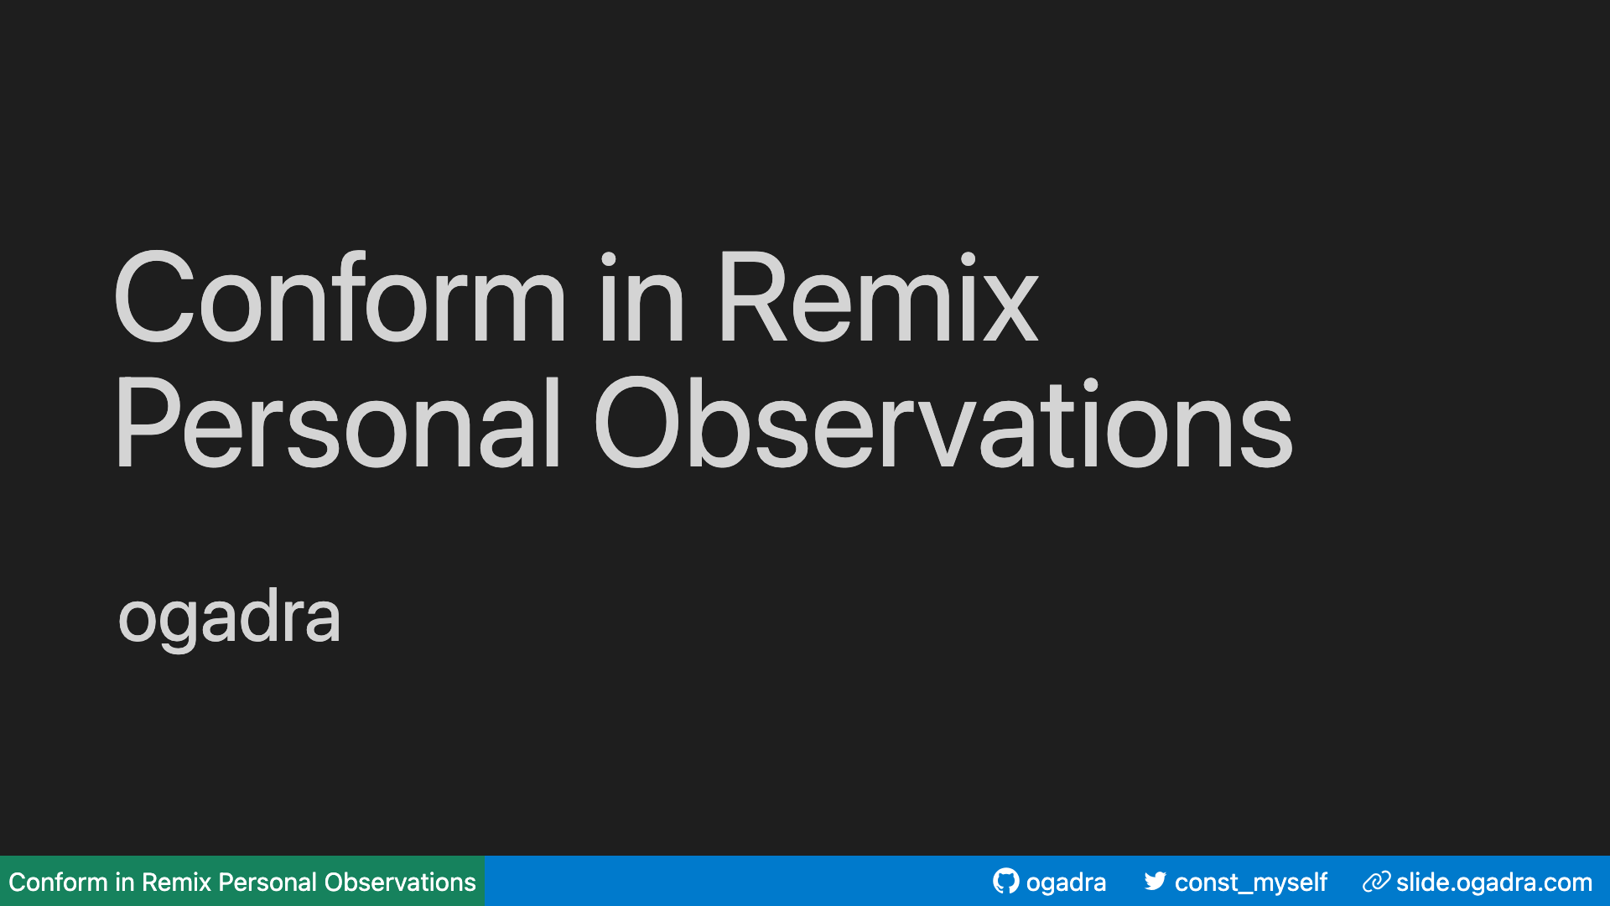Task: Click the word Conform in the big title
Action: pyautogui.click(x=340, y=299)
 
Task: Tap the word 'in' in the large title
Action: pyautogui.click(x=641, y=299)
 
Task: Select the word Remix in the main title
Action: pyautogui.click(x=877, y=299)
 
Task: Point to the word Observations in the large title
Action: pyautogui.click(x=943, y=425)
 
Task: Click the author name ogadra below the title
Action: pyautogui.click(x=229, y=617)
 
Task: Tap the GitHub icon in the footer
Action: pyautogui.click(x=1005, y=881)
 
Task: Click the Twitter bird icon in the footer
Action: pyautogui.click(x=1155, y=881)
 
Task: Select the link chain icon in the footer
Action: pyautogui.click(x=1376, y=881)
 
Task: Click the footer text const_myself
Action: pyautogui.click(x=1250, y=883)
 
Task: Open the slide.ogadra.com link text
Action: pyautogui.click(x=1493, y=883)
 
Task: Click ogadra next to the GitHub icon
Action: pyautogui.click(x=1066, y=883)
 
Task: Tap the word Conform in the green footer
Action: pyautogui.click(x=58, y=883)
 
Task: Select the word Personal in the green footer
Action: pyautogui.click(x=267, y=883)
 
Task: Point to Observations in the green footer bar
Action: pyautogui.click(x=400, y=883)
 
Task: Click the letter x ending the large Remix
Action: pyautogui.click(x=1010, y=310)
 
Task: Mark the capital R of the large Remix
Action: pyautogui.click(x=750, y=299)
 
